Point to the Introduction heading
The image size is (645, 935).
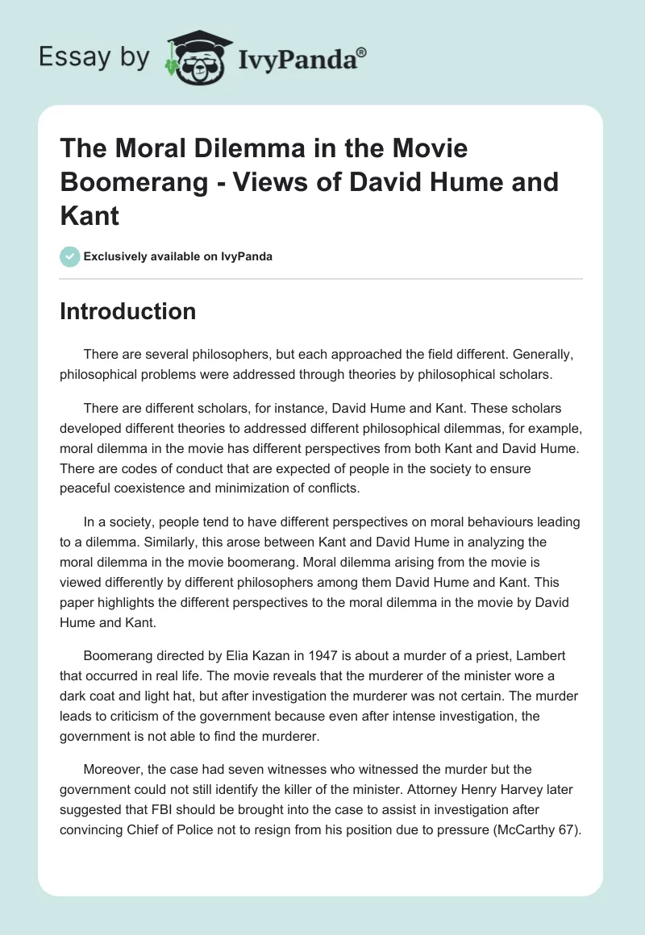(127, 311)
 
